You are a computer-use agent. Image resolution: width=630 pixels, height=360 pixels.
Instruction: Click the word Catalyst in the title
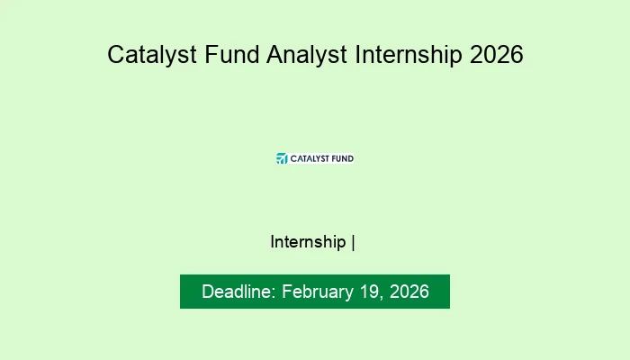pyautogui.click(x=152, y=55)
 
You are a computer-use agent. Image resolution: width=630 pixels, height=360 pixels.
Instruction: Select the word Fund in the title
pyautogui.click(x=232, y=54)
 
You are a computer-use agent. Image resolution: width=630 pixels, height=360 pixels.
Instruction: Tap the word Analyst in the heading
pyautogui.click(x=307, y=55)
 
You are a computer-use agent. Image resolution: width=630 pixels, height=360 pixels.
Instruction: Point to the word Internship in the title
pyautogui.click(x=409, y=55)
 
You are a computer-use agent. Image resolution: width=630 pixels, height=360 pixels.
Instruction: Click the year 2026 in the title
pyautogui.click(x=496, y=54)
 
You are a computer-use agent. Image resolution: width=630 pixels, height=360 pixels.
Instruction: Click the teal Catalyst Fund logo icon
pyautogui.click(x=282, y=158)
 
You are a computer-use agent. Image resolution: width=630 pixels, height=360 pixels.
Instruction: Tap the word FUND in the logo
pyautogui.click(x=343, y=158)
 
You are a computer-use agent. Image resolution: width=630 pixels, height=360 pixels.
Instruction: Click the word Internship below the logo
pyautogui.click(x=308, y=242)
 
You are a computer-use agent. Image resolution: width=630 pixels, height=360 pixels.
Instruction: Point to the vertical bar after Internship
pyautogui.click(x=353, y=243)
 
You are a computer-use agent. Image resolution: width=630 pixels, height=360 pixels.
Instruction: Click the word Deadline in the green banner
pyautogui.click(x=236, y=292)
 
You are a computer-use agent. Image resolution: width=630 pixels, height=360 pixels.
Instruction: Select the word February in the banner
pyautogui.click(x=318, y=292)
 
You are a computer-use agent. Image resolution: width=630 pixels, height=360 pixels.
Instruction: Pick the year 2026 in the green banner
pyautogui.click(x=409, y=292)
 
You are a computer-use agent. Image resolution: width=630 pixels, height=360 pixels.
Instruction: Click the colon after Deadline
pyautogui.click(x=274, y=293)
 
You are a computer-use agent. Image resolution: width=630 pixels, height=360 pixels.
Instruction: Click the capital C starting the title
pyautogui.click(x=116, y=54)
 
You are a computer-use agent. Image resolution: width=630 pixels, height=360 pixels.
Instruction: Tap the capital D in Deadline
pyautogui.click(x=209, y=292)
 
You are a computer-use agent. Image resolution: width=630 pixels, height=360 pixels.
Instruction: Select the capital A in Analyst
pyautogui.click(x=276, y=54)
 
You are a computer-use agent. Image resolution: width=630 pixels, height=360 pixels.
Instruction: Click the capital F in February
pyautogui.click(x=287, y=292)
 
